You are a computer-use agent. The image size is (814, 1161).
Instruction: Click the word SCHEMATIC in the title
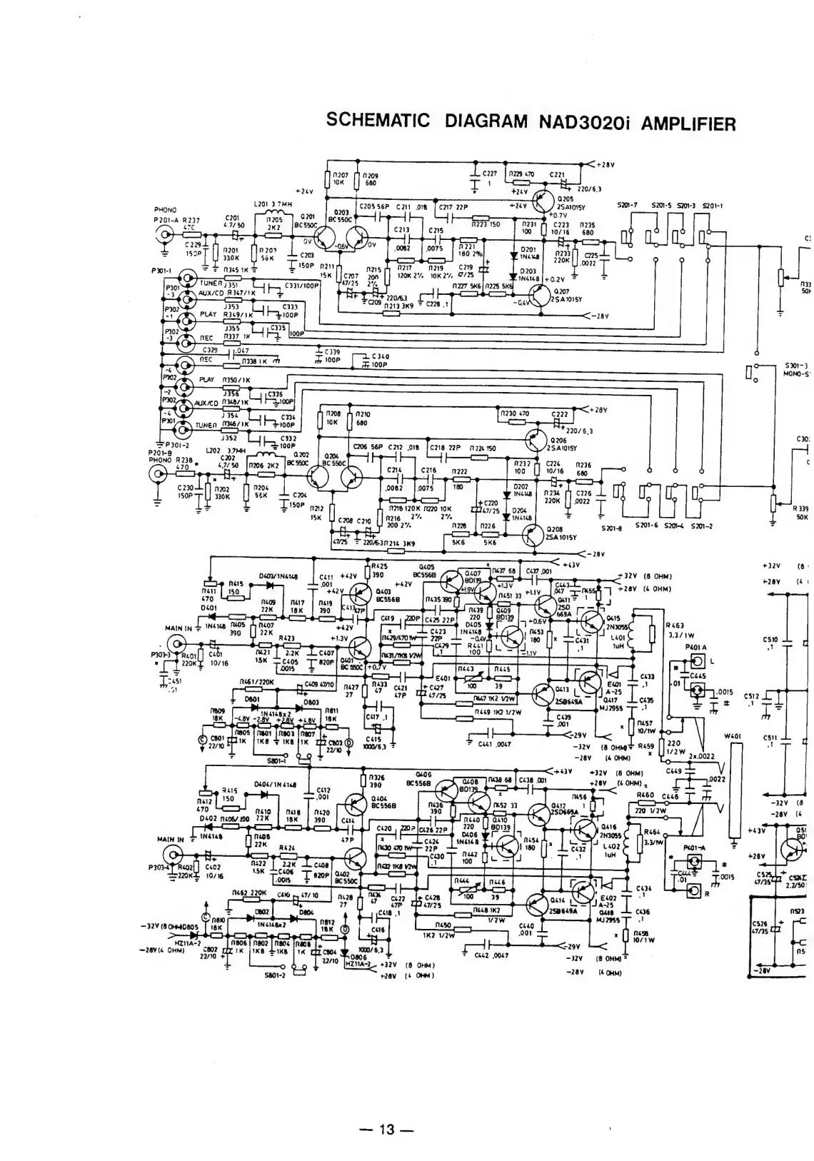click(x=377, y=121)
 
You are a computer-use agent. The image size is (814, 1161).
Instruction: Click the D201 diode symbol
click(x=513, y=253)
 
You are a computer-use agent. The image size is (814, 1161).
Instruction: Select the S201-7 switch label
click(x=630, y=206)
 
